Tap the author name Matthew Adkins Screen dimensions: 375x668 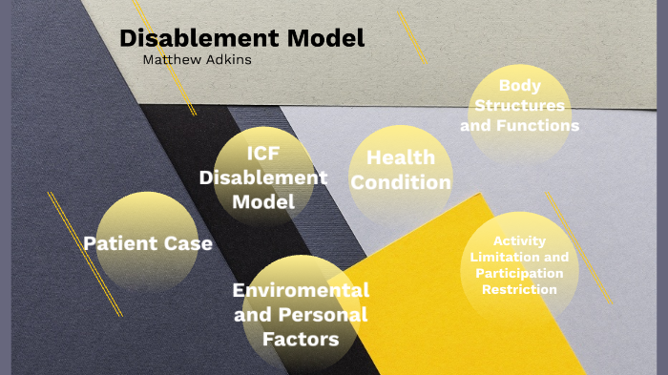197,60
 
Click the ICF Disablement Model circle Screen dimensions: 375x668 262,177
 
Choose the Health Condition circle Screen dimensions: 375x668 400,172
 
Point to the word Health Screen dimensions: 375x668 400,157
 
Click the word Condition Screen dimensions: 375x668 399,182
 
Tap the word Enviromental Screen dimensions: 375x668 301,289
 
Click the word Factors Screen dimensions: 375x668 301,339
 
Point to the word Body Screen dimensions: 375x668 520,86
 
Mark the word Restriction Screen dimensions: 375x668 520,290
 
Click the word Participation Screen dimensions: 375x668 520,274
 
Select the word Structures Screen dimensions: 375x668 520,105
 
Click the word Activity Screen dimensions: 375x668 520,241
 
